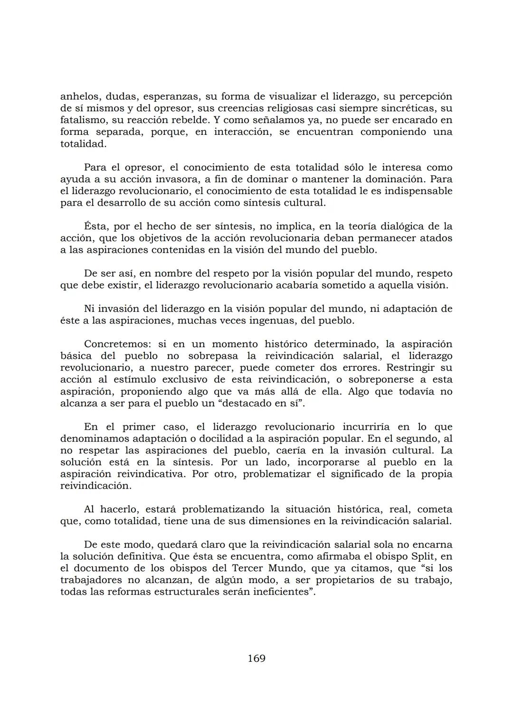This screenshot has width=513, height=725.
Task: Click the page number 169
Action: tap(256, 659)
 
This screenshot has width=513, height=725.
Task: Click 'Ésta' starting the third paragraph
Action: tap(95, 226)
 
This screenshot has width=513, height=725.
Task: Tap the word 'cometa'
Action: tap(435, 509)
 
